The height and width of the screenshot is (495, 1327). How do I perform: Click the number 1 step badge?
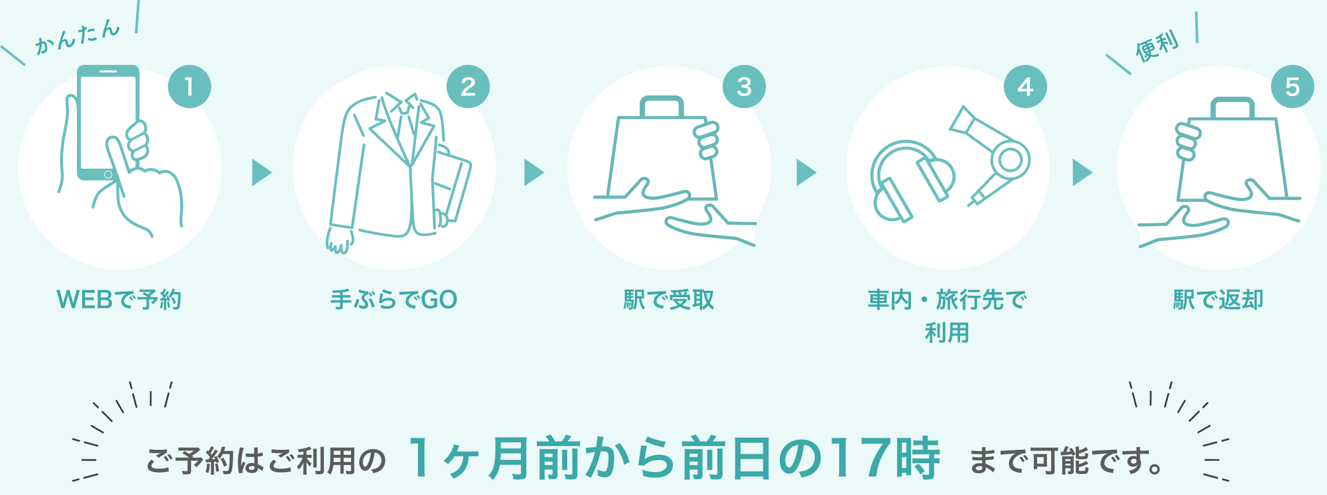pyautogui.click(x=189, y=87)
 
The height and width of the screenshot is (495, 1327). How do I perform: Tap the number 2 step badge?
pyautogui.click(x=468, y=87)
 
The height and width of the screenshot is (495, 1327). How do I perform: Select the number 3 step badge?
pyautogui.click(x=744, y=87)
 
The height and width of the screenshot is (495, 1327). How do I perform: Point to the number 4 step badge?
pyautogui.click(x=1025, y=87)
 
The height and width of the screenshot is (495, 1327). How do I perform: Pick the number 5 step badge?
pyautogui.click(x=1292, y=87)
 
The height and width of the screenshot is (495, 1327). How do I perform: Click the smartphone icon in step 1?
pyautogui.click(x=108, y=121)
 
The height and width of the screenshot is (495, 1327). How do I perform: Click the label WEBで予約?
pyautogui.click(x=119, y=300)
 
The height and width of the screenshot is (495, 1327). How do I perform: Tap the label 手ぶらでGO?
pyautogui.click(x=394, y=300)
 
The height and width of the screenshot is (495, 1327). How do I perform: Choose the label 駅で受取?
pyautogui.click(x=669, y=300)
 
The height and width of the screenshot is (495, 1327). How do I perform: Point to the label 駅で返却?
pyautogui.click(x=1218, y=300)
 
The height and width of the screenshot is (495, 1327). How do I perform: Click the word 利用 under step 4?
pyautogui.click(x=947, y=333)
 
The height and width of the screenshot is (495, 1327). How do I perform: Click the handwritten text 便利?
pyautogui.click(x=1157, y=46)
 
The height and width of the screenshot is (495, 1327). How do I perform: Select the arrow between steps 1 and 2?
pyautogui.click(x=262, y=172)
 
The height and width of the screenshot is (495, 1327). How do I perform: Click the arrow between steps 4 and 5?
pyautogui.click(x=1083, y=172)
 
